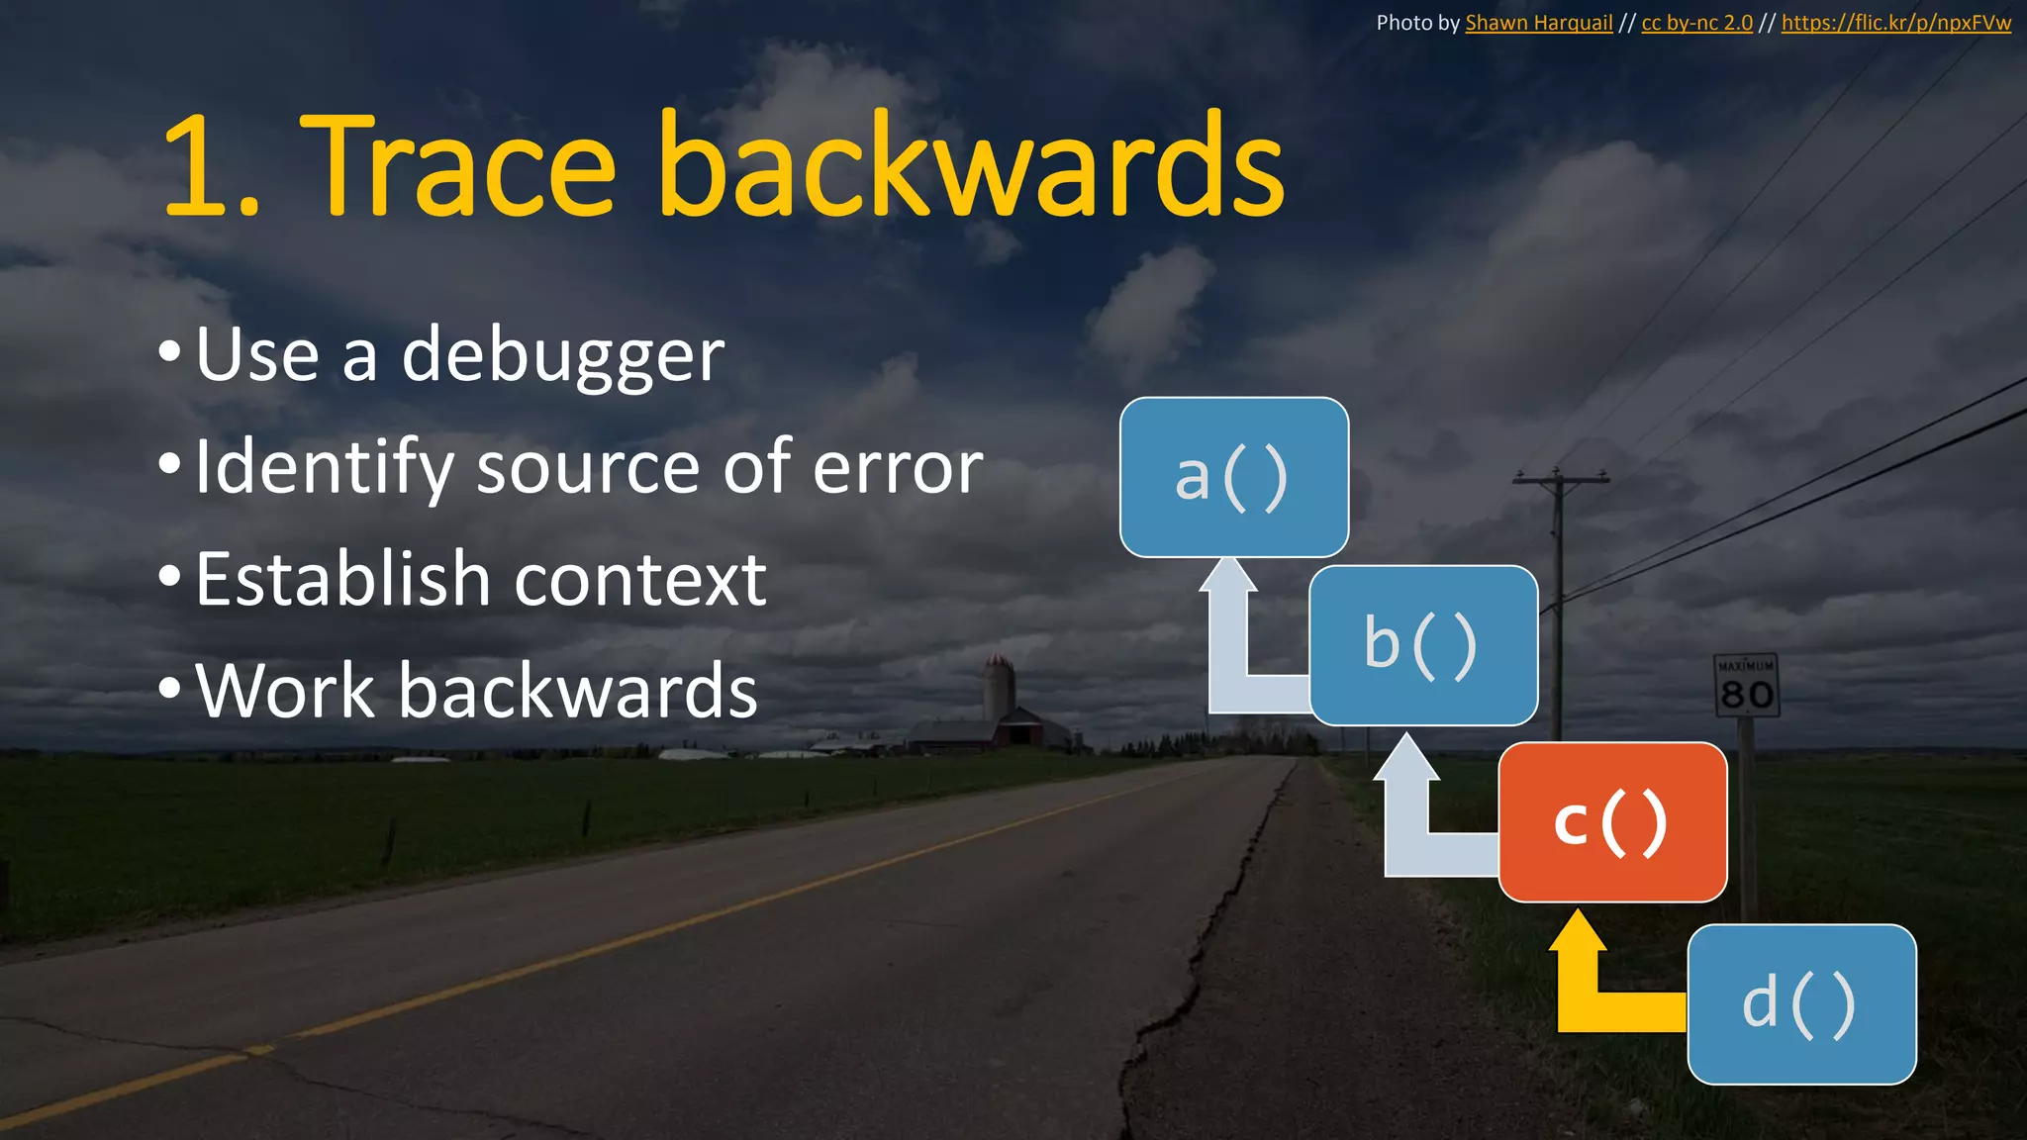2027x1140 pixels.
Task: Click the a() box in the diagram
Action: (x=1233, y=477)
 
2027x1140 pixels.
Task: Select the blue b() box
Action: (x=1423, y=645)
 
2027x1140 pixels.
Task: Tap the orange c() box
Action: (x=1612, y=821)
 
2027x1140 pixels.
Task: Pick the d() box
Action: (x=1801, y=1004)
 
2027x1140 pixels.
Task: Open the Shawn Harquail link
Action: (x=1538, y=23)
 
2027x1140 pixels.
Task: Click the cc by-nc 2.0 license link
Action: (x=1696, y=23)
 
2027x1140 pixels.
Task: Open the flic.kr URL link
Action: (x=1895, y=23)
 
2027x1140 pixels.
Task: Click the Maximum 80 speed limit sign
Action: (x=1747, y=685)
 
